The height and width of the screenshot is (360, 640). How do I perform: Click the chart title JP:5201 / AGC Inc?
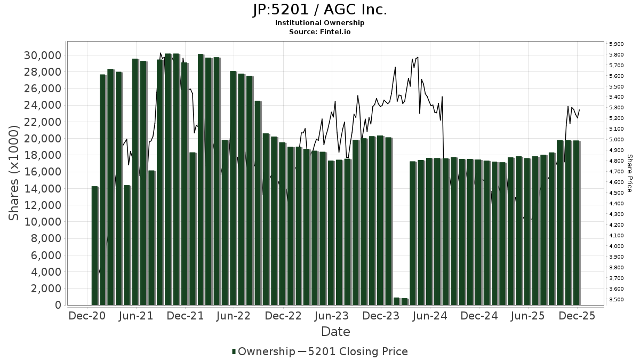tap(319, 10)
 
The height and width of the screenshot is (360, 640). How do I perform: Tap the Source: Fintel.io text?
tap(319, 32)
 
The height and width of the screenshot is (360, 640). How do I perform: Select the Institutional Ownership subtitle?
tap(319, 23)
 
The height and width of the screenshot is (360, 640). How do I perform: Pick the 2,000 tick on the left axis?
tap(45, 289)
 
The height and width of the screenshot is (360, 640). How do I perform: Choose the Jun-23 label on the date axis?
tap(332, 316)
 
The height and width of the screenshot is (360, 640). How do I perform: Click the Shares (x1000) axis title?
tap(14, 172)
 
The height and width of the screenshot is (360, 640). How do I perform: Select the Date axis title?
tap(335, 332)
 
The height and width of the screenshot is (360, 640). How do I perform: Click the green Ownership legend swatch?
tap(234, 351)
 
